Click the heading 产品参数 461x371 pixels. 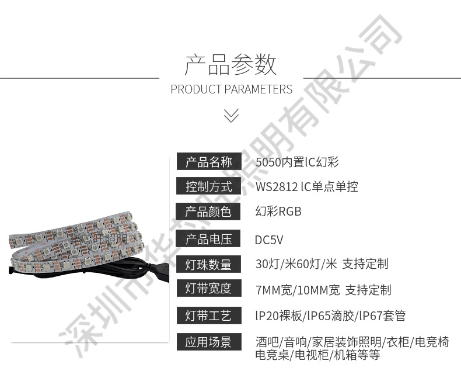[230, 64]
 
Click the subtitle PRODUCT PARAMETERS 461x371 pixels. [231, 89]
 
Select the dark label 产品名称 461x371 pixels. [208, 162]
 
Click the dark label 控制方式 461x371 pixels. [208, 186]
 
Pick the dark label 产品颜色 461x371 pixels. [208, 211]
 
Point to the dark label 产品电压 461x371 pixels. [208, 239]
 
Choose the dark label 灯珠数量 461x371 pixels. [208, 264]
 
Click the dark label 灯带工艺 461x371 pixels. [208, 316]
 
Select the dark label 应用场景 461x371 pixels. [208, 342]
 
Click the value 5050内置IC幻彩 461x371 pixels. [297, 162]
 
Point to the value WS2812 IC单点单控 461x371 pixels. [306, 187]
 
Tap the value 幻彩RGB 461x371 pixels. [278, 211]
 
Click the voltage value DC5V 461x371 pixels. [269, 240]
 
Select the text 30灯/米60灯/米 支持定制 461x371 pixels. [322, 264]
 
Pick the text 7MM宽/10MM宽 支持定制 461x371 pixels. [323, 290]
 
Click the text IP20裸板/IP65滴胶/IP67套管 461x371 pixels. [330, 316]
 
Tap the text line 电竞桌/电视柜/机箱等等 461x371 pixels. [317, 354]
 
